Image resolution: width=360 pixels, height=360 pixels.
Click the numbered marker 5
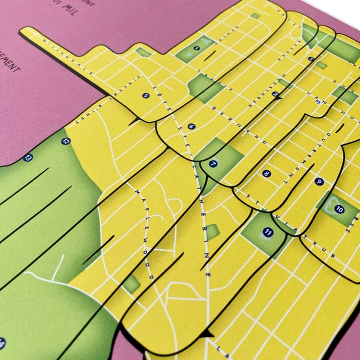pyautogui.click(x=146, y=95)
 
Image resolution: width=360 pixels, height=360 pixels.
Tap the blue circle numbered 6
pyautogui.click(x=192, y=126)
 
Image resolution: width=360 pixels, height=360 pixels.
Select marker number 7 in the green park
pyautogui.click(x=213, y=163)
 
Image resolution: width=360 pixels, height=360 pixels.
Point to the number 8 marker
pyautogui.click(x=267, y=173)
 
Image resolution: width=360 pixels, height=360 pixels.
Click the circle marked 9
pyautogui.click(x=318, y=181)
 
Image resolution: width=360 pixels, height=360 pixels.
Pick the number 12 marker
pyautogui.click(x=66, y=141)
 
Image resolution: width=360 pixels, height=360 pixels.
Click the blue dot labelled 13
pyautogui.click(x=28, y=158)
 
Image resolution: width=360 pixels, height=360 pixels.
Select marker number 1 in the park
pyautogui.click(x=197, y=49)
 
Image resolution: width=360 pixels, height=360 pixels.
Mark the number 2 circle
pyautogui.click(x=275, y=94)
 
